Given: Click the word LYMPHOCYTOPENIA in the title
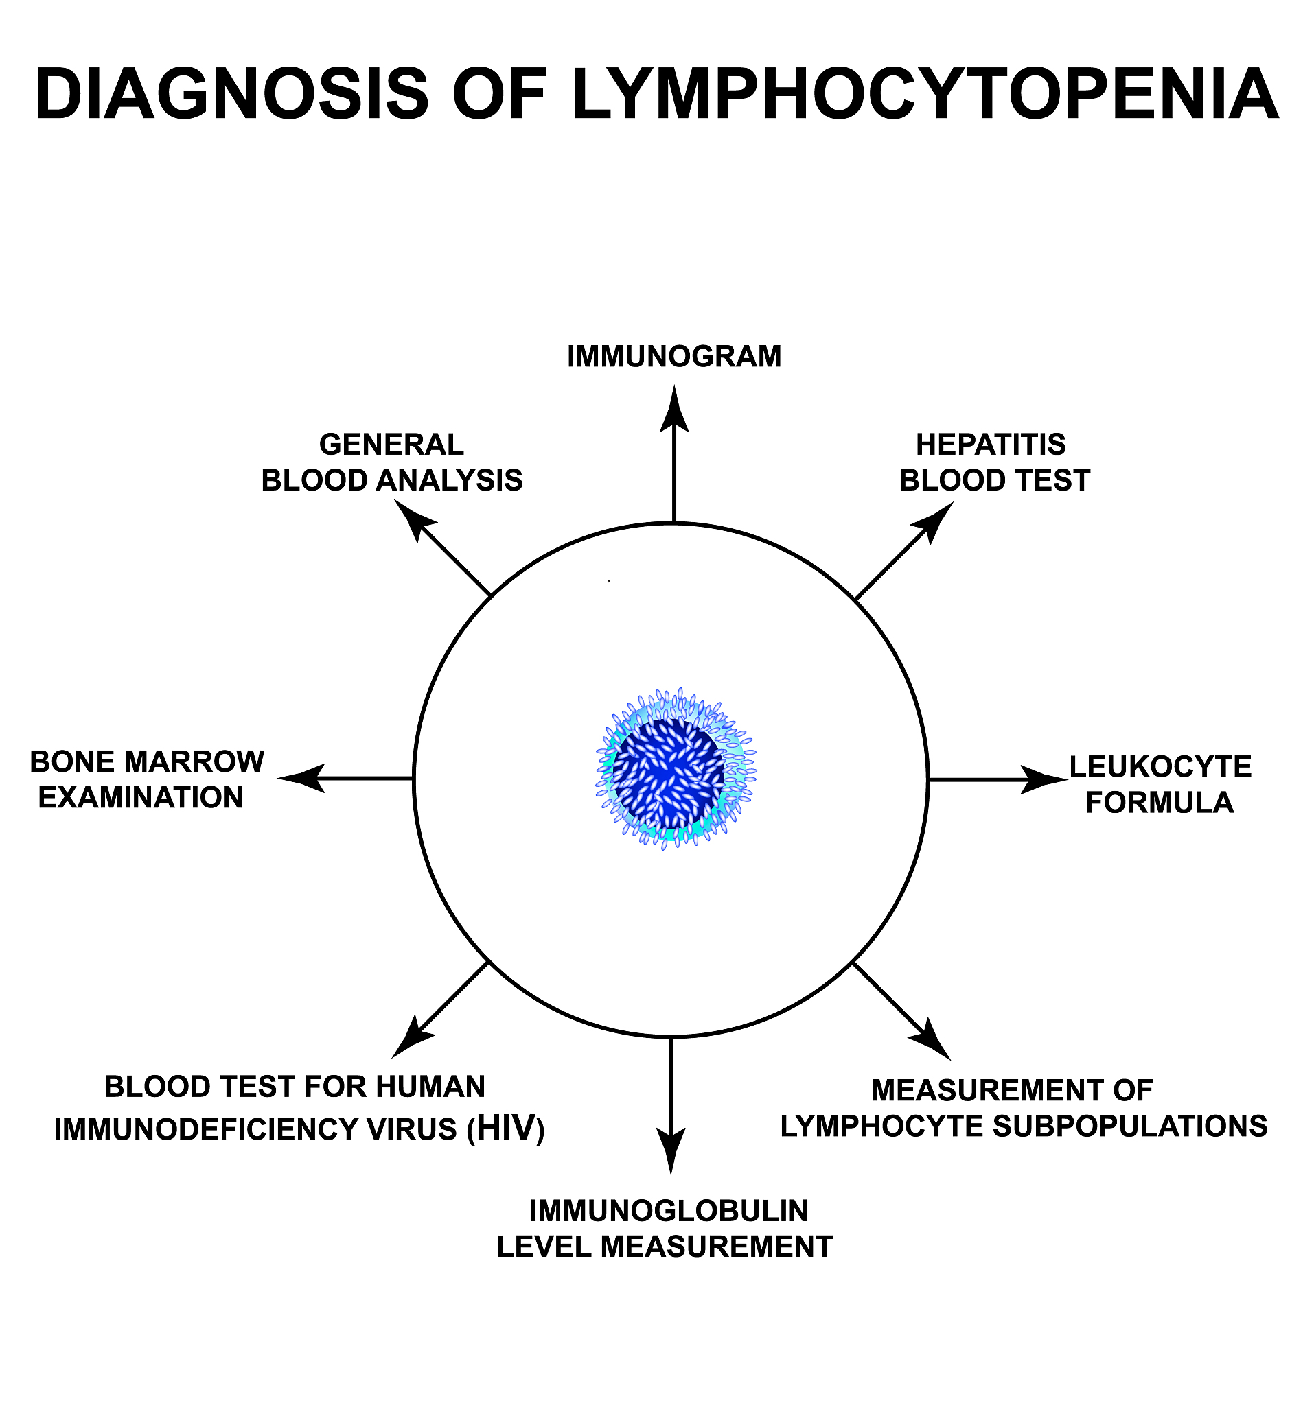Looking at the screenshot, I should pyautogui.click(x=924, y=95).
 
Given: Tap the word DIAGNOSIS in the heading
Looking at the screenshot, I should pyautogui.click(x=231, y=95).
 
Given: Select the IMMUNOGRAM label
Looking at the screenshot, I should pyautogui.click(x=674, y=356).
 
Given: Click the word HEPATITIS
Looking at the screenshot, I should pyautogui.click(x=990, y=445).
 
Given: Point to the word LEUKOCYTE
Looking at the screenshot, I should pyautogui.click(x=1160, y=767).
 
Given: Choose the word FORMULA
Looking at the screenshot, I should pyautogui.click(x=1159, y=803).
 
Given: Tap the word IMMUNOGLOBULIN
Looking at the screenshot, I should pyautogui.click(x=668, y=1212).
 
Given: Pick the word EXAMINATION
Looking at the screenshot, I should pyautogui.click(x=140, y=798).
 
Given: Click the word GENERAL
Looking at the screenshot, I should pyautogui.click(x=391, y=445).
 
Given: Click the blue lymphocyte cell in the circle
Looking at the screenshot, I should pyautogui.click(x=672, y=770).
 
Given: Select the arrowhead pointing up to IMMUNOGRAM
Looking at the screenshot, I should pyautogui.click(x=674, y=410).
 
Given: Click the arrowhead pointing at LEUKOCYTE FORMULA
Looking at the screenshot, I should pyautogui.click(x=1046, y=780).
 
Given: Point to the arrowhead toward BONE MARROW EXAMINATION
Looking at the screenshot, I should pyautogui.click(x=301, y=778).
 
